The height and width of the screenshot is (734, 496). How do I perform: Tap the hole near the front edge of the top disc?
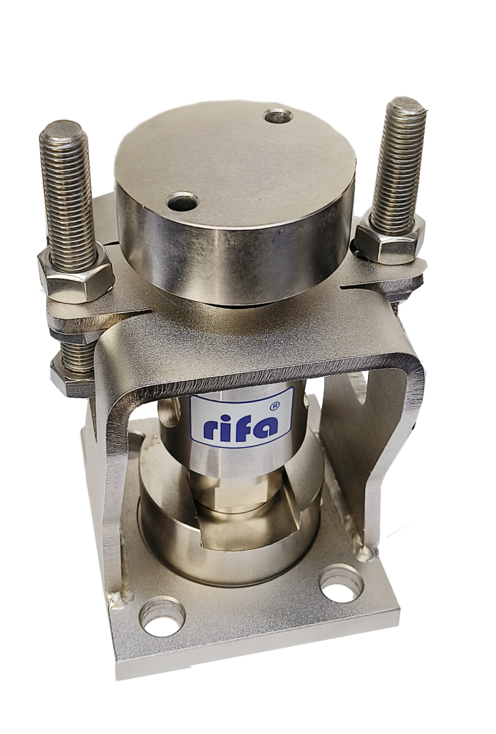183,203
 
